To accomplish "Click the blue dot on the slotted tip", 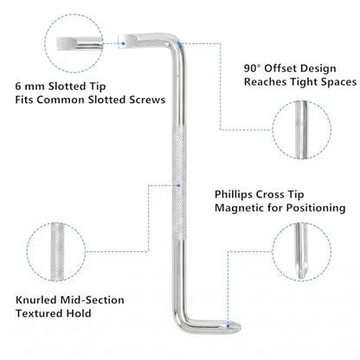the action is (123, 43).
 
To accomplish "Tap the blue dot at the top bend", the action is (179, 43).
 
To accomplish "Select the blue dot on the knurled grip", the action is (178, 185).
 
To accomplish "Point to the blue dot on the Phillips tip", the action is (228, 326).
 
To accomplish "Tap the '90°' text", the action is (253, 68).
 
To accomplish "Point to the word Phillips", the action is (234, 195).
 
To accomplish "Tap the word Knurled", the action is (36, 300).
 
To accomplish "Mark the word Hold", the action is (80, 313).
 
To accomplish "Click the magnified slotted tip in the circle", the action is (80, 42).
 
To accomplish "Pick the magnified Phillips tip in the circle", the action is (301, 251).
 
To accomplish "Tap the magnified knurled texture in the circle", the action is (57, 251).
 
